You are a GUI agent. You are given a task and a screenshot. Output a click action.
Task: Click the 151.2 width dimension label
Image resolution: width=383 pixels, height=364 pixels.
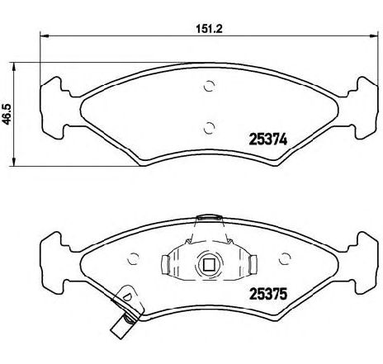tap(209, 29)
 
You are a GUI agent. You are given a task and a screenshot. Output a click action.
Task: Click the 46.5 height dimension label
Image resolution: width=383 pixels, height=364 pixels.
tap(6, 114)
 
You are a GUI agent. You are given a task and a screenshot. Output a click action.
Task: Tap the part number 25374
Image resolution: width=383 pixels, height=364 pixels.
tap(267, 139)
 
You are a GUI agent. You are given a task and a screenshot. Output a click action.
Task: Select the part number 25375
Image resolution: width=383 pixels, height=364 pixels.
tap(267, 294)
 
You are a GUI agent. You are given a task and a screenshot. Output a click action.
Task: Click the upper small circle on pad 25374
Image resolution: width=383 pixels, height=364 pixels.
tap(209, 86)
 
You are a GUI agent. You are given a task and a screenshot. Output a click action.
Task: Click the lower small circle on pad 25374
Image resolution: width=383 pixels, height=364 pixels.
tap(209, 128)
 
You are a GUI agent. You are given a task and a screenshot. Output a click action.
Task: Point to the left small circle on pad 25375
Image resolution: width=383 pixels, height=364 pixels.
tap(133, 258)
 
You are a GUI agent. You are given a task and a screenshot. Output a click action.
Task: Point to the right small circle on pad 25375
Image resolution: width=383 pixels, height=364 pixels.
tap(285, 258)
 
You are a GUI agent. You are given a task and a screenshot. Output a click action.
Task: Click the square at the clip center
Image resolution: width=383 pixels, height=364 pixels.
tap(209, 265)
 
